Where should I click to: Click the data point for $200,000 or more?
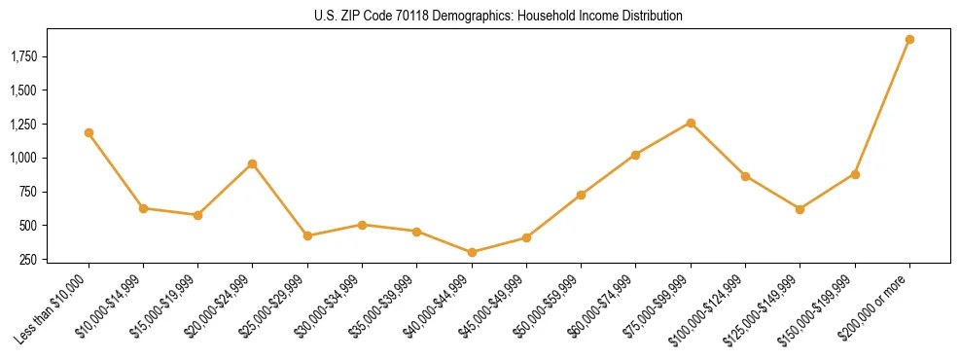tap(909, 40)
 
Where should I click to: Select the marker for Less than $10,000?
tap(89, 132)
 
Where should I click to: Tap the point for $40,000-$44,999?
tap(472, 252)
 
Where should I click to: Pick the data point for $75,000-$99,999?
tap(691, 123)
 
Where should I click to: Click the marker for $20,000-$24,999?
tap(253, 163)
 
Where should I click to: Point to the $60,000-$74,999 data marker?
tap(636, 155)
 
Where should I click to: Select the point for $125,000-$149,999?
tap(800, 209)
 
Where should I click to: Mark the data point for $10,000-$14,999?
tap(143, 208)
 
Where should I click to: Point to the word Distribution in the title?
tap(650, 17)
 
